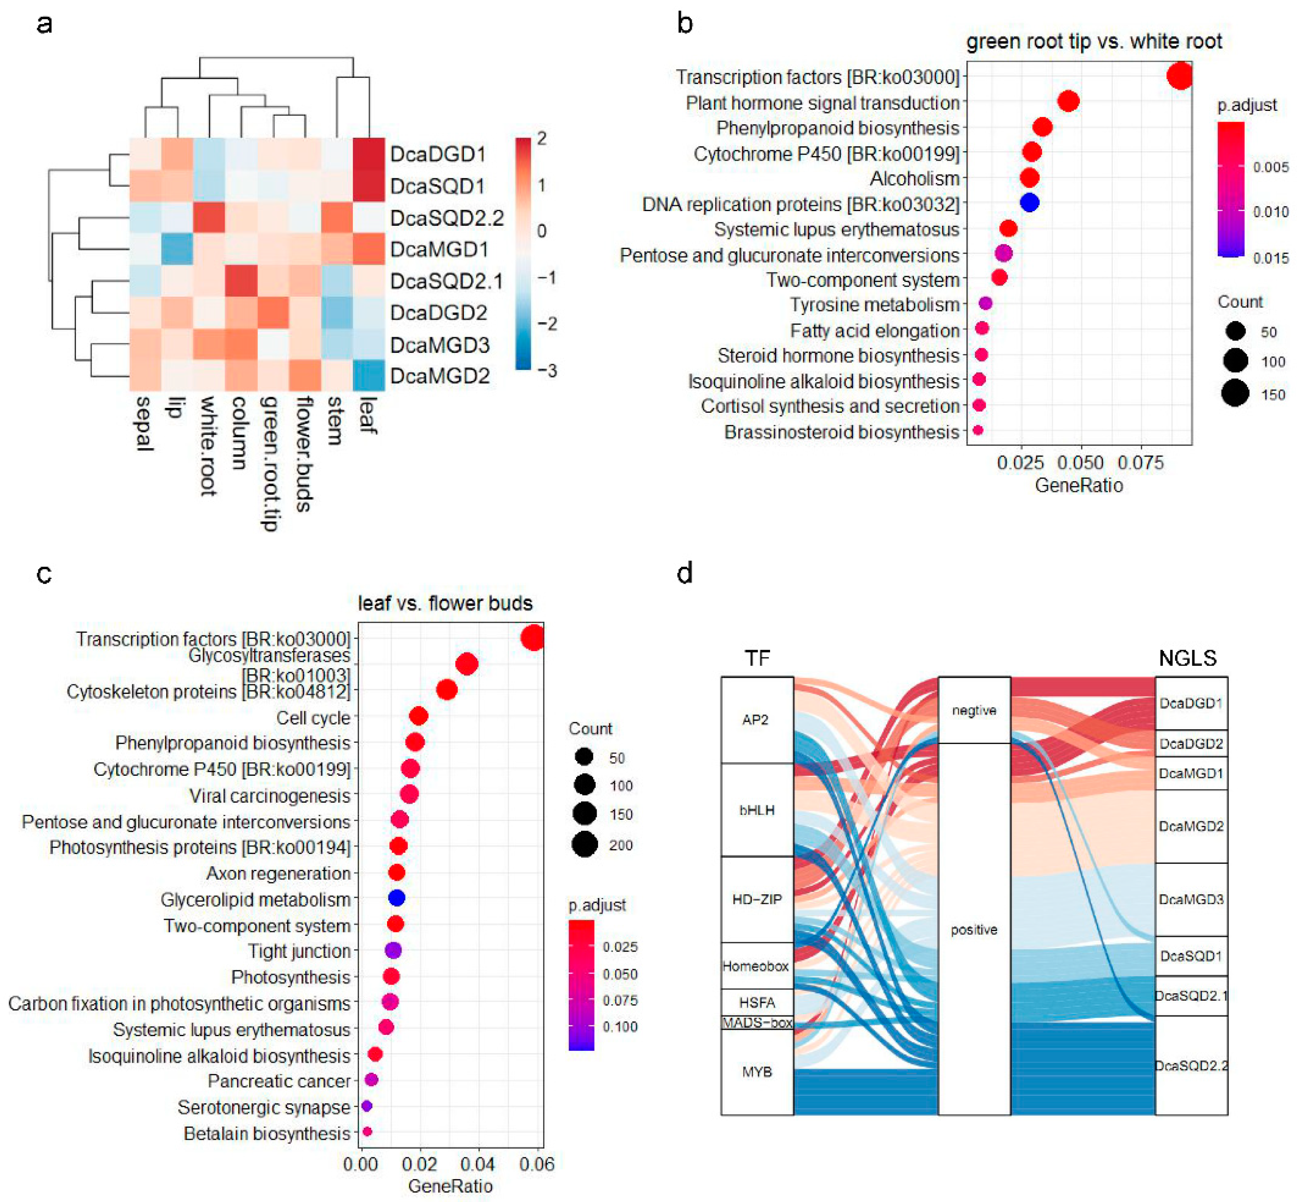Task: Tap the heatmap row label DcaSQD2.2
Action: click(x=446, y=218)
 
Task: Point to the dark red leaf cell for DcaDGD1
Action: click(x=369, y=154)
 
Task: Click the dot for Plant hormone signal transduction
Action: click(x=1069, y=102)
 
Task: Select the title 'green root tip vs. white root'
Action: click(x=1094, y=42)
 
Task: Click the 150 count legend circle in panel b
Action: click(x=1234, y=394)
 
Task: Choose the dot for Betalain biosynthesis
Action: click(x=366, y=1132)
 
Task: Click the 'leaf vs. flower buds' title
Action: click(x=445, y=604)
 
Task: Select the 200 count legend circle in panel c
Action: click(x=585, y=844)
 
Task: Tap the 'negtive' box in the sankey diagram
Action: click(x=974, y=710)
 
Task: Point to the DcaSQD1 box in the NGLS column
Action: click(x=1191, y=956)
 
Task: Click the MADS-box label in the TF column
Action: click(x=757, y=1023)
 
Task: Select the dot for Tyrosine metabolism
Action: click(x=985, y=303)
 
